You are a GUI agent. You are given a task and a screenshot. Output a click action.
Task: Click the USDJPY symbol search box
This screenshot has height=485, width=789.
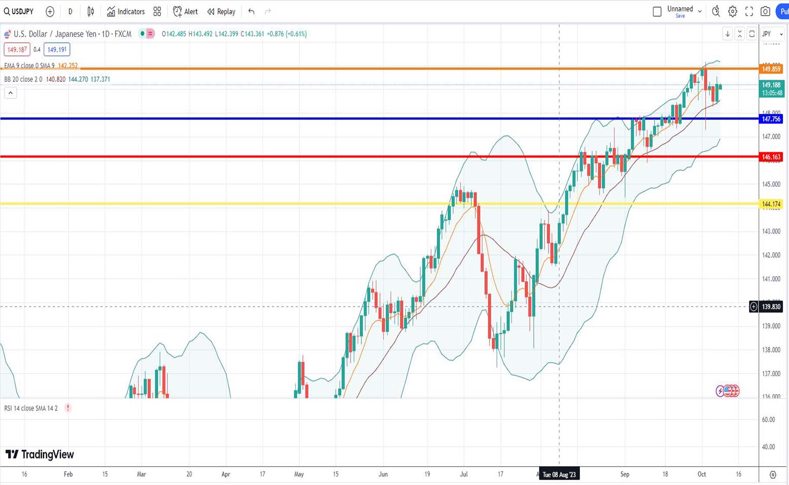coord(19,11)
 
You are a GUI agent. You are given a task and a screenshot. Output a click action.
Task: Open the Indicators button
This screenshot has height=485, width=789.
coord(126,11)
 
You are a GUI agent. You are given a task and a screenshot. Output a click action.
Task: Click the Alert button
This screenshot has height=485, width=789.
coord(186,11)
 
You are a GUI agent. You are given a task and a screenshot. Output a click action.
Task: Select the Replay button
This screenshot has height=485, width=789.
coord(222,11)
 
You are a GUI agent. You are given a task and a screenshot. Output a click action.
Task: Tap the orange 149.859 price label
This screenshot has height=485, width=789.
coord(771,69)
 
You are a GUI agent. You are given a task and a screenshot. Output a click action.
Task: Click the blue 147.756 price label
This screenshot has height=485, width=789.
coord(771,119)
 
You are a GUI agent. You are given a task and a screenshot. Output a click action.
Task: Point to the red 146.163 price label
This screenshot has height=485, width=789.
coord(771,157)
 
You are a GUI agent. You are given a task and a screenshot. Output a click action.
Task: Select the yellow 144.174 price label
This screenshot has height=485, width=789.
coord(771,204)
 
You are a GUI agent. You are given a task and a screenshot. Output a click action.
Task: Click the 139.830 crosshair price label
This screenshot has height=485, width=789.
coord(771,307)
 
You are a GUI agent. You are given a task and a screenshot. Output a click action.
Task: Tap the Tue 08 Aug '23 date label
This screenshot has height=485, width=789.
coord(559,474)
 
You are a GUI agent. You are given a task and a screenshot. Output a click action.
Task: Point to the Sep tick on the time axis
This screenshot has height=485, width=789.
coord(625,474)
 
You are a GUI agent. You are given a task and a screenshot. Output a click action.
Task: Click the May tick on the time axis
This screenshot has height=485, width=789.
coord(299,474)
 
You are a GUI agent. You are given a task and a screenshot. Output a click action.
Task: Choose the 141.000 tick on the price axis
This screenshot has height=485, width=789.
coord(771,279)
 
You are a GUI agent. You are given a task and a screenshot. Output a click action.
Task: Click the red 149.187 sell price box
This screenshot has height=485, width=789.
coord(17,50)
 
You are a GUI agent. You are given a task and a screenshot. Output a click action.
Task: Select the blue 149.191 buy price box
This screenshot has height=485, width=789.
coord(57,50)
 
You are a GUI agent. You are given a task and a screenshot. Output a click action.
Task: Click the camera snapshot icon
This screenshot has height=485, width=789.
coord(765,11)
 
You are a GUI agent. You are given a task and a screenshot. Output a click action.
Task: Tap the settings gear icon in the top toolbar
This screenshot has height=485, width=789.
coord(733,11)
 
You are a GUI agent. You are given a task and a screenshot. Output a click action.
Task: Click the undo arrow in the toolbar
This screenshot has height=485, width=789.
coord(251,11)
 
